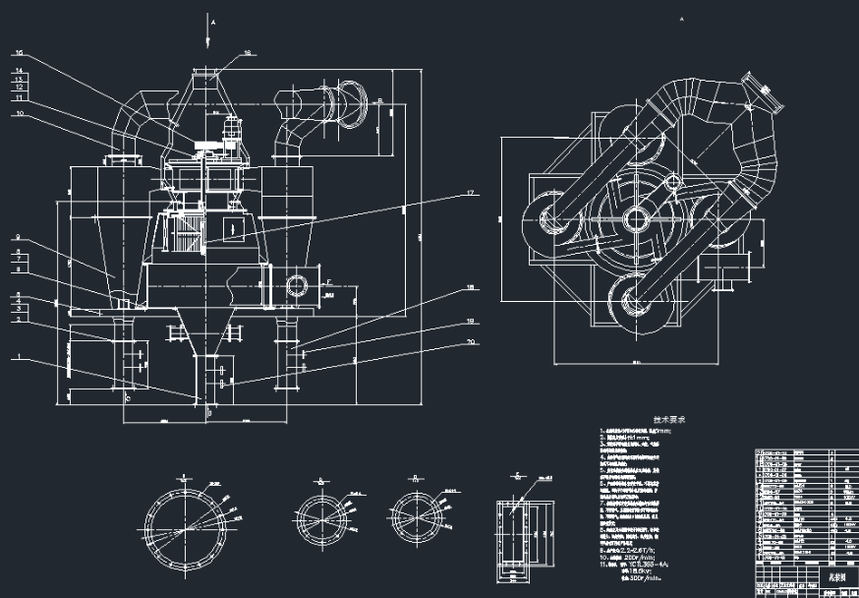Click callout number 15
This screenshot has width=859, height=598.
(20, 53)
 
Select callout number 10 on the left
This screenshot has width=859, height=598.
(19, 113)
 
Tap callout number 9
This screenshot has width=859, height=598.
(19, 237)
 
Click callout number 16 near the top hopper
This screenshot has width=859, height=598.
(220, 52)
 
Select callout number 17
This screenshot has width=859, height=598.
(471, 193)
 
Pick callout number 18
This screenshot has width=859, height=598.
(471, 286)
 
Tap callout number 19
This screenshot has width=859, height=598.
(471, 322)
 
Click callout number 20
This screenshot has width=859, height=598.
(471, 342)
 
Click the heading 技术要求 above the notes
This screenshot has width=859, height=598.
(669, 419)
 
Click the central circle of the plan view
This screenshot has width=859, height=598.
(635, 218)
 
